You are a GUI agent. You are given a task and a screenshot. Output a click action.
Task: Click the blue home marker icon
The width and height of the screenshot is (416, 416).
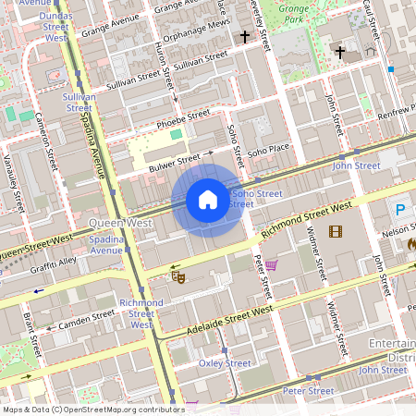point(207,199)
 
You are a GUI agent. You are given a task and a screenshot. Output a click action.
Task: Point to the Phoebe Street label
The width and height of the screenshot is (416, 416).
point(185,118)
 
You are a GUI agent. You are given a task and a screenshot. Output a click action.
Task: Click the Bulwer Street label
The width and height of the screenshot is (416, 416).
point(174,163)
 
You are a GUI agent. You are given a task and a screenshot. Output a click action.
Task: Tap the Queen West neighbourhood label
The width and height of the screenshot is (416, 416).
point(120,223)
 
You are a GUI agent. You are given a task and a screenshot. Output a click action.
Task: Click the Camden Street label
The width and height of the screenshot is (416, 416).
point(86,320)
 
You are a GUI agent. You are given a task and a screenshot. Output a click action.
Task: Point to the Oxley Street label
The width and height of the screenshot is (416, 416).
point(225,363)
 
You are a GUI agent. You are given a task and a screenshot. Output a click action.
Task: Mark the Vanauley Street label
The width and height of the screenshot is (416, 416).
point(13,171)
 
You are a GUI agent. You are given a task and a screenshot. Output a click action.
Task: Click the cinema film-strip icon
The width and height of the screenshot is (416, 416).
point(334,231)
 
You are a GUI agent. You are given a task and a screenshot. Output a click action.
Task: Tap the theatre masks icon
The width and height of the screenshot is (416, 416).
point(178,275)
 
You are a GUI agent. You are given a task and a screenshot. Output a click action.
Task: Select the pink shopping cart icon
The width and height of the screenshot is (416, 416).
point(271,265)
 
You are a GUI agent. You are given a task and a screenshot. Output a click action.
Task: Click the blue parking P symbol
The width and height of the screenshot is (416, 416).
point(400,210)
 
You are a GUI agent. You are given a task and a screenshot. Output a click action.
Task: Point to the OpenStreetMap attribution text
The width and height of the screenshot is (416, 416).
point(92,409)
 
